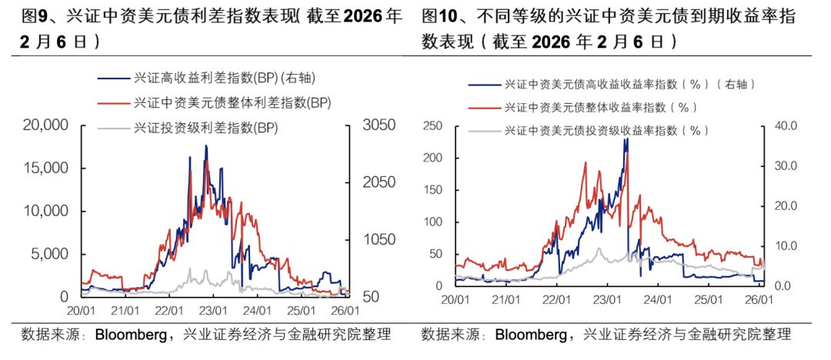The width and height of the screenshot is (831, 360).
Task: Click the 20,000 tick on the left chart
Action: click(x=45, y=125)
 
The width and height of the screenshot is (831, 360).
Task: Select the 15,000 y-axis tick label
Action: click(x=45, y=168)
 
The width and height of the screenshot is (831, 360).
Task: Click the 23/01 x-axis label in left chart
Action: click(x=213, y=312)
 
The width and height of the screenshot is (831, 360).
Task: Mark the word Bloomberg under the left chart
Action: click(x=135, y=335)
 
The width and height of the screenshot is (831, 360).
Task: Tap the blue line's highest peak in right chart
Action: click(x=626, y=139)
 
